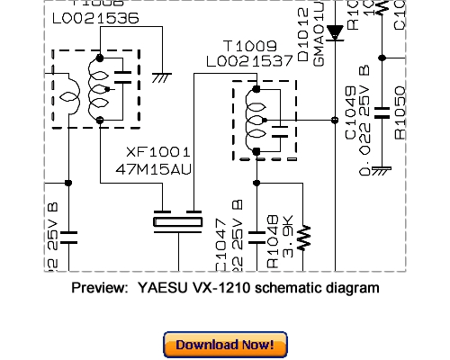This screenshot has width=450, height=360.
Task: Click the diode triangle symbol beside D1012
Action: pos(335,33)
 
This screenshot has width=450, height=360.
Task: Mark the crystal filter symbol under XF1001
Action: pos(177,221)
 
